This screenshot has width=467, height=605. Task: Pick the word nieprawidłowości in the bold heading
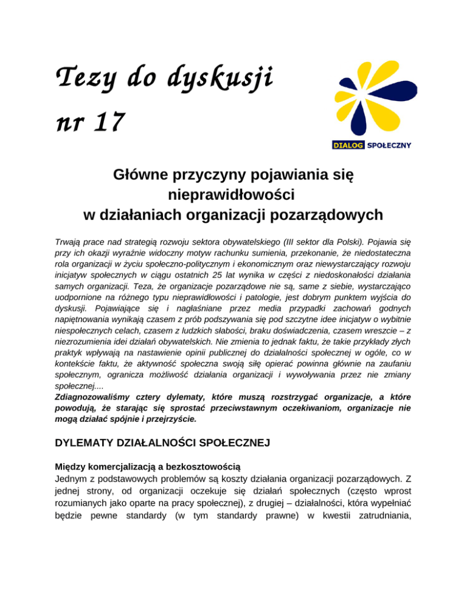click(x=234, y=196)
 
